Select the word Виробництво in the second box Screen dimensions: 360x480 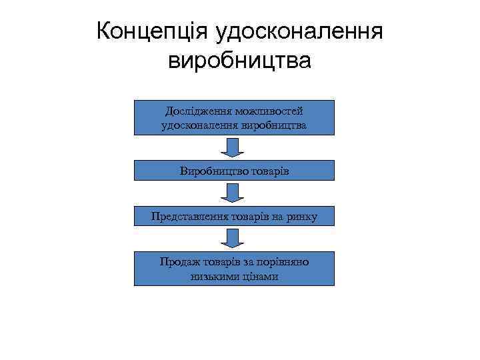pyautogui.click(x=211, y=171)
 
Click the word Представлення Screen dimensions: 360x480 pyautogui.click(x=189, y=216)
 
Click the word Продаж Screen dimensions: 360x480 pyautogui.click(x=177, y=262)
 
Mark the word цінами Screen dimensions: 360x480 pyautogui.click(x=260, y=276)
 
